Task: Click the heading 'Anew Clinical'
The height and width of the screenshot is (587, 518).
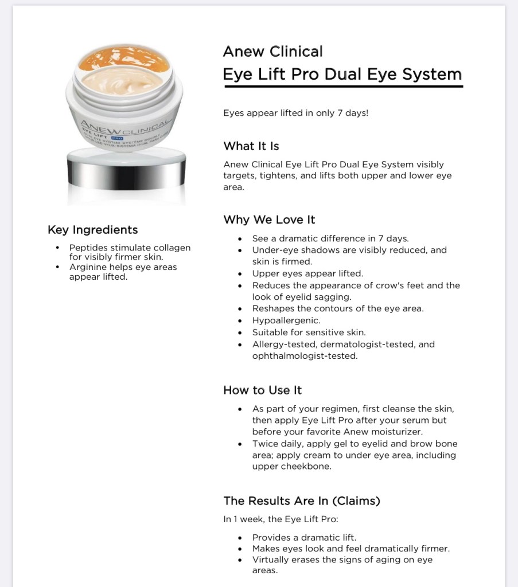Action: point(272,52)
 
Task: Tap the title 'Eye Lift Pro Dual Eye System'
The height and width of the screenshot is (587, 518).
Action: point(342,75)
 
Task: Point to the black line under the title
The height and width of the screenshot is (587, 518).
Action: point(343,87)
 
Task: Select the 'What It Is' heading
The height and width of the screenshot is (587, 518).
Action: point(251,146)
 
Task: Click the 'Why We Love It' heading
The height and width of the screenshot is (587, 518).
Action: point(269,220)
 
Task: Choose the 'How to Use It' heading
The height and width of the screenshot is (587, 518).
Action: point(262,390)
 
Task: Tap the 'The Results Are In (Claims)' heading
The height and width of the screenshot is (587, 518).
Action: point(302,501)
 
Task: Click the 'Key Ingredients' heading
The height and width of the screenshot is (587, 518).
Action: point(92,230)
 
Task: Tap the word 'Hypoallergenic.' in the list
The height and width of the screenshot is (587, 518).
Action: point(286,320)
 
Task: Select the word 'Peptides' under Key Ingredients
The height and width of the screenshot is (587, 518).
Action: point(89,248)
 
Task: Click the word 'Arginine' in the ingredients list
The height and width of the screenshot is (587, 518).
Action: point(88,267)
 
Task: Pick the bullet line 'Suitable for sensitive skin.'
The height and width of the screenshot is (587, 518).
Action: point(309,332)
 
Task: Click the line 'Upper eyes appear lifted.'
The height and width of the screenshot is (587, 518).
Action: point(307,273)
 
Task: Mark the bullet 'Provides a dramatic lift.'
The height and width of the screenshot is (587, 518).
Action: point(304,537)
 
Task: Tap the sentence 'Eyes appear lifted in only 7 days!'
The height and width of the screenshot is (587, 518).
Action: point(295,113)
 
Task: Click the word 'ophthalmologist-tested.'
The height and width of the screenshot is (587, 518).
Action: point(305,356)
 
